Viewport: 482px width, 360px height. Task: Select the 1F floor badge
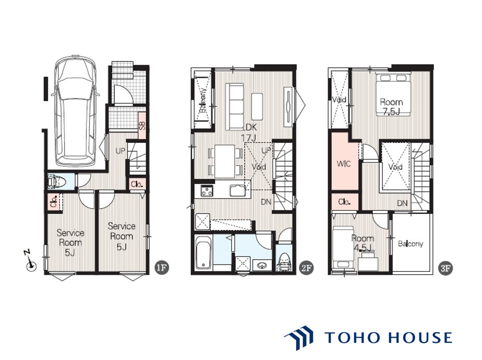(162, 267)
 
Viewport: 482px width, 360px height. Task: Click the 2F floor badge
(306, 268)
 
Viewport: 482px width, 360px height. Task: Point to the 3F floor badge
(446, 268)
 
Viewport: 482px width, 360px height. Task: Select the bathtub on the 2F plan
(203, 252)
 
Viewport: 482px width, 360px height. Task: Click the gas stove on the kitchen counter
(207, 191)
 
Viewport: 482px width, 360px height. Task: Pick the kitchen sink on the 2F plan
(238, 191)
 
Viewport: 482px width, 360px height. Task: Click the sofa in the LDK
(235, 107)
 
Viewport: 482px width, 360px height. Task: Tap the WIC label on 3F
(344, 164)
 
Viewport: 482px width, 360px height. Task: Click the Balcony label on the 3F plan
(411, 244)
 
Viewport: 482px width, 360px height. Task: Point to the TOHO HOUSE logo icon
(299, 338)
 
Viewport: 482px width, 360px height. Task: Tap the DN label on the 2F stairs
(266, 202)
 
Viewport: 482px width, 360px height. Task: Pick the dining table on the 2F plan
(225, 161)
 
